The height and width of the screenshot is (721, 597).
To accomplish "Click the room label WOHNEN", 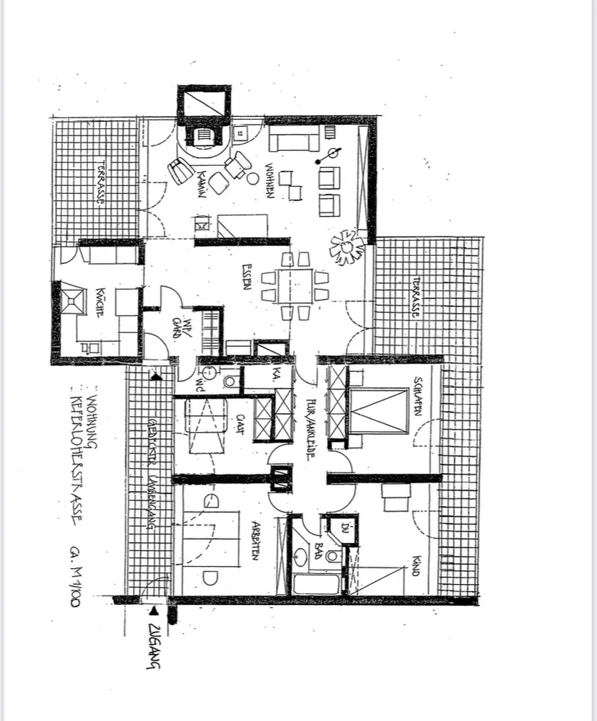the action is [269, 180].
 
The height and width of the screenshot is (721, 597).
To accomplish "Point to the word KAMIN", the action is [204, 182].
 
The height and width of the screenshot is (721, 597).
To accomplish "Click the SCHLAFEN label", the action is [417, 396].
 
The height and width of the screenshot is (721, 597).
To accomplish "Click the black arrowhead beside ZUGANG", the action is [153, 610].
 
